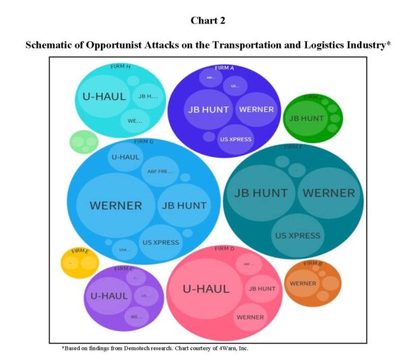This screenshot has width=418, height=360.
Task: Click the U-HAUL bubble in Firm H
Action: click(x=104, y=96)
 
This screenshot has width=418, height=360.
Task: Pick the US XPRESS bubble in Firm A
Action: click(x=236, y=139)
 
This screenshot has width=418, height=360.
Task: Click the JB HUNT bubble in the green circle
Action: click(x=306, y=118)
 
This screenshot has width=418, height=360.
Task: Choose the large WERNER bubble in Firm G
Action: click(x=115, y=205)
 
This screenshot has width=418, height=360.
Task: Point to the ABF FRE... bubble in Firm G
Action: click(x=161, y=171)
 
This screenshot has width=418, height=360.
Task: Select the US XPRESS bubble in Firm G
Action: click(x=160, y=242)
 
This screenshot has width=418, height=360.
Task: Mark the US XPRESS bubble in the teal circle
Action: click(x=297, y=235)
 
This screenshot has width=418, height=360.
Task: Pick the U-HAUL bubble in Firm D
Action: click(x=206, y=289)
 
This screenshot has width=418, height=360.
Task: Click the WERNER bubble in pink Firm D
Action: click(x=250, y=316)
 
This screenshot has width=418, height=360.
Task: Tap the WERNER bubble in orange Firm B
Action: click(x=303, y=283)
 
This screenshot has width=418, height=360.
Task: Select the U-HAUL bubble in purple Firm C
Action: click(x=109, y=295)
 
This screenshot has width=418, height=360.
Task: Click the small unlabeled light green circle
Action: click(x=84, y=142)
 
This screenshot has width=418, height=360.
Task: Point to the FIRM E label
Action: click(x=80, y=251)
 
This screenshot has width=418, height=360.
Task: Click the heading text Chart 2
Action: click(x=208, y=20)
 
